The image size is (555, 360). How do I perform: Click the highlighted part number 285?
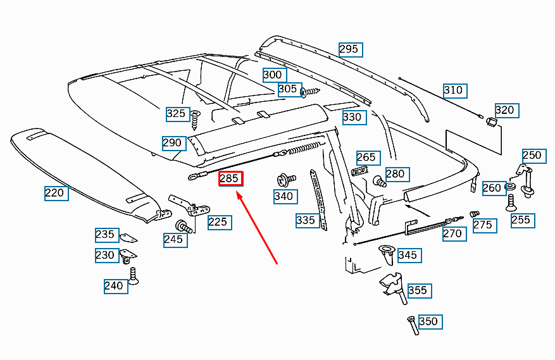pyautogui.click(x=229, y=179)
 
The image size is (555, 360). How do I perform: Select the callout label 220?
pyautogui.click(x=54, y=192)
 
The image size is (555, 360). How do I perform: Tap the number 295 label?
pyautogui.click(x=349, y=49)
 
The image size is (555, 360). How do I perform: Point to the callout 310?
pyautogui.click(x=453, y=90)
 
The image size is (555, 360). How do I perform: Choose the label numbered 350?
pyautogui.click(x=428, y=321)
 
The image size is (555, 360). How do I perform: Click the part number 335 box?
pyautogui.click(x=306, y=220)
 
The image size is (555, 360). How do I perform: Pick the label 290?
pyautogui.click(x=172, y=142)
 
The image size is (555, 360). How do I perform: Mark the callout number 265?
pyautogui.click(x=366, y=157)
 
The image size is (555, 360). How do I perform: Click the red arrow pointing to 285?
pyautogui.click(x=256, y=228)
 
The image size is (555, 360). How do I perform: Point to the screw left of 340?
pyautogui.click(x=283, y=180)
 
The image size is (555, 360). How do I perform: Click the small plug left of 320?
pyautogui.click(x=489, y=120)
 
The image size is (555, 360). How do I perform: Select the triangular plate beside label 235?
pyautogui.click(x=128, y=237)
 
